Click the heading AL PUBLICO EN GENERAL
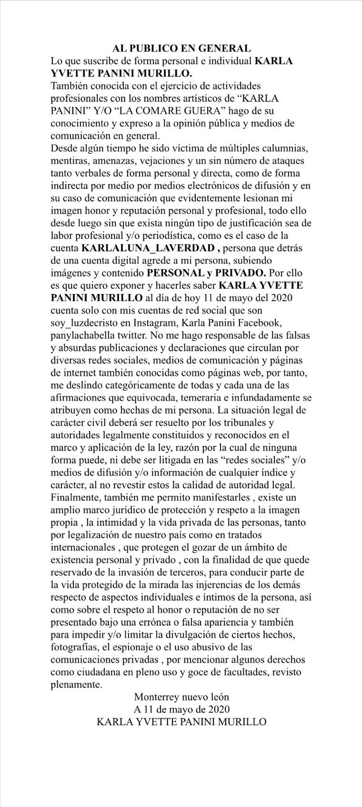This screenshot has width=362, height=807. (181, 48)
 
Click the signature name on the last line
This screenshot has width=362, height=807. (181, 722)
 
